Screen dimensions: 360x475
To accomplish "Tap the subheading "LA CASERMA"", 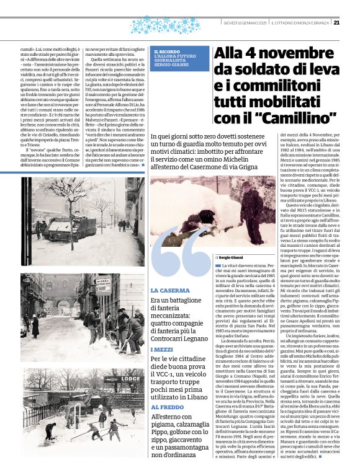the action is (170, 290).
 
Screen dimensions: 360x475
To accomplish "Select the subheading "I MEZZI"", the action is (163, 350).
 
